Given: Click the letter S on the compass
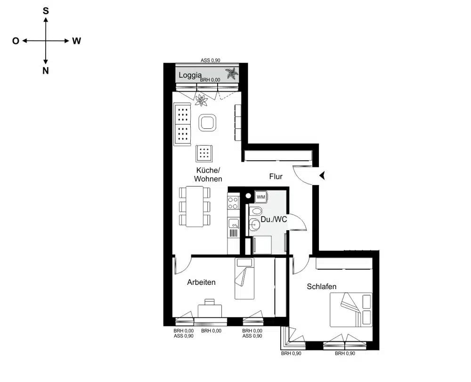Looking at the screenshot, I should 46,11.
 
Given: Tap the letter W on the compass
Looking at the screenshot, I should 77,41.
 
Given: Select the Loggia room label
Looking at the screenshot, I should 190,75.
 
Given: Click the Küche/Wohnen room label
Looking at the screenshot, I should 208,174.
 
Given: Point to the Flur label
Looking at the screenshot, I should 276,176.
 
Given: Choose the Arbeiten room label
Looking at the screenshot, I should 201,282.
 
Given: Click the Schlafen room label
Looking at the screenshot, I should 321,286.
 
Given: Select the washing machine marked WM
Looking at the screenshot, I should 261,197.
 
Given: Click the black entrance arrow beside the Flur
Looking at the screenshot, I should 323,176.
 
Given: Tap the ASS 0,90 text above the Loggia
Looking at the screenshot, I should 211,60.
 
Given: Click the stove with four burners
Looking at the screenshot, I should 233,203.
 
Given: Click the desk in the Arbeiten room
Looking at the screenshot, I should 210,310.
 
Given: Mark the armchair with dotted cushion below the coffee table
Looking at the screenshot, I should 204,153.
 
